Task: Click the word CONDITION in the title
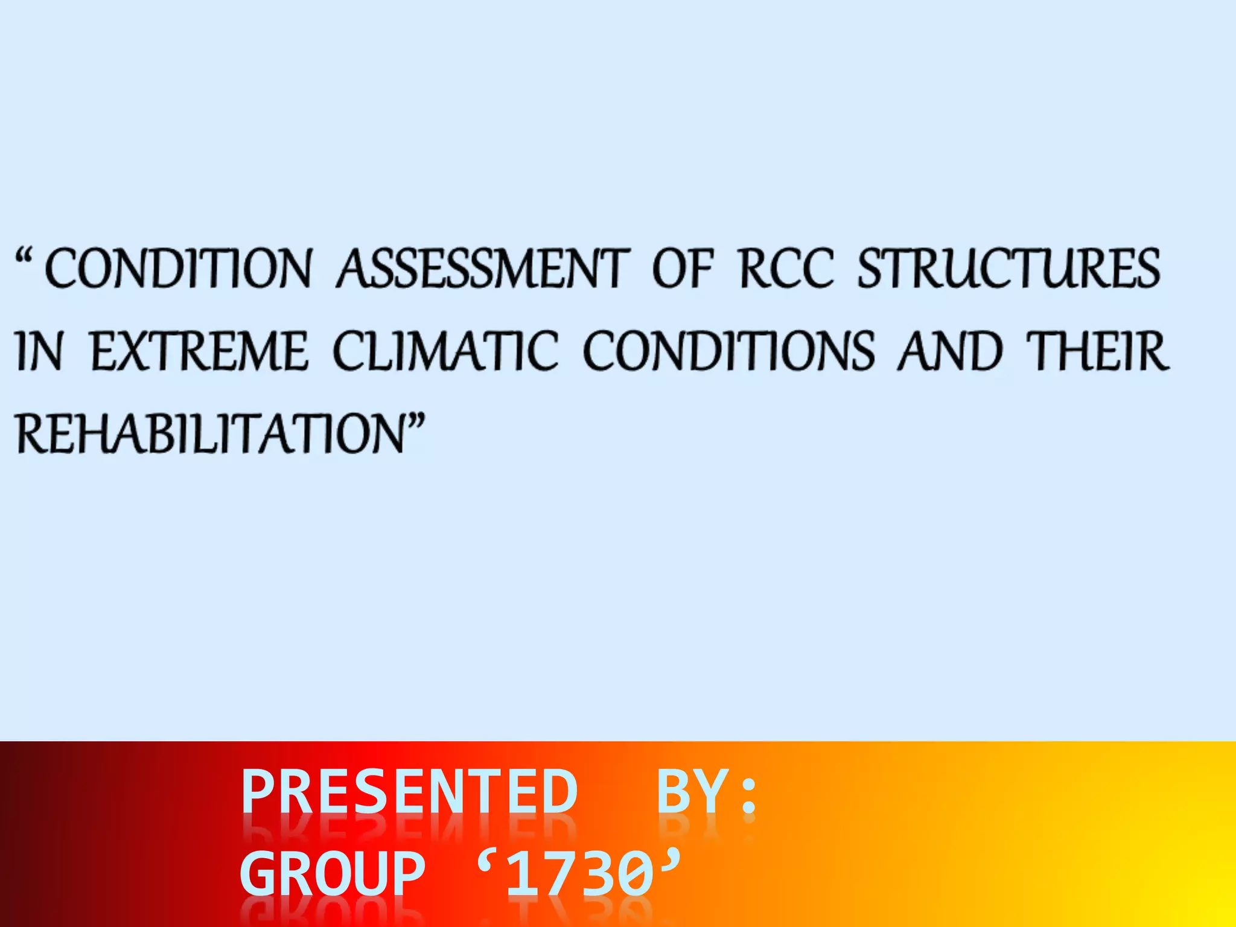coord(179,269)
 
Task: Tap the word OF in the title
coord(683,269)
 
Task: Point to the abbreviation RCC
coord(786,269)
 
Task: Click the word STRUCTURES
coord(1008,269)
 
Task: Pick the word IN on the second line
coord(39,352)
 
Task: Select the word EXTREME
coord(199,352)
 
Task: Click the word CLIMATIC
coord(445,352)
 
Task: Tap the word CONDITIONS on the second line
coord(728,352)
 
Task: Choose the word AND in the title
coord(950,352)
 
